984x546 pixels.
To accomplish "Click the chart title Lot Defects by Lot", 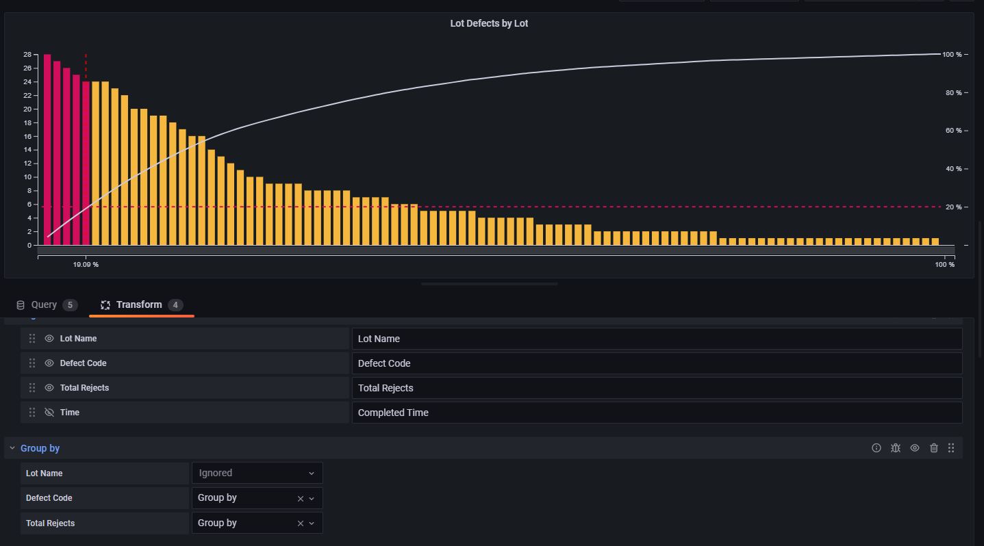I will (x=489, y=23).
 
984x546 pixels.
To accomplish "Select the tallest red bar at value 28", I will (x=47, y=149).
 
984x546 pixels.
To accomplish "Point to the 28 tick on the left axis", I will (x=27, y=55).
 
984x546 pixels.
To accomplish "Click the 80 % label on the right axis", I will (x=953, y=93).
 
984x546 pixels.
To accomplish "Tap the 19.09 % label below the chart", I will (x=86, y=265).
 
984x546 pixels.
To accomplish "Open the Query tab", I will (x=44, y=305).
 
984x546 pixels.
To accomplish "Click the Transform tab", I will (x=139, y=305).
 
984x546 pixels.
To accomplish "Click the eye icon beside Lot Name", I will (x=49, y=339).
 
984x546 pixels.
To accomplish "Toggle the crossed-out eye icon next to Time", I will (x=49, y=413).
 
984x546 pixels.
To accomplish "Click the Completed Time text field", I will (x=656, y=413).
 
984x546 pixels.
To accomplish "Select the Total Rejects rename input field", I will (x=656, y=388).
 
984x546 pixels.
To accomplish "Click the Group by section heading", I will (x=40, y=448).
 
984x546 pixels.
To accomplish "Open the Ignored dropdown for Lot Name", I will (x=257, y=473).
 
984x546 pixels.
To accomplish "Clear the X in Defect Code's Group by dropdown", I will (x=300, y=499).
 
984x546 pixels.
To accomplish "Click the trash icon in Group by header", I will (x=934, y=448).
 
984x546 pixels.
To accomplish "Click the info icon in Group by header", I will (x=876, y=448).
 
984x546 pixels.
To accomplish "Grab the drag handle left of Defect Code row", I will (x=32, y=363).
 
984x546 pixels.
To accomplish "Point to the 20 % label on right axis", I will (x=953, y=207).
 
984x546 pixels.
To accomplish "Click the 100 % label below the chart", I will (x=944, y=265).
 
